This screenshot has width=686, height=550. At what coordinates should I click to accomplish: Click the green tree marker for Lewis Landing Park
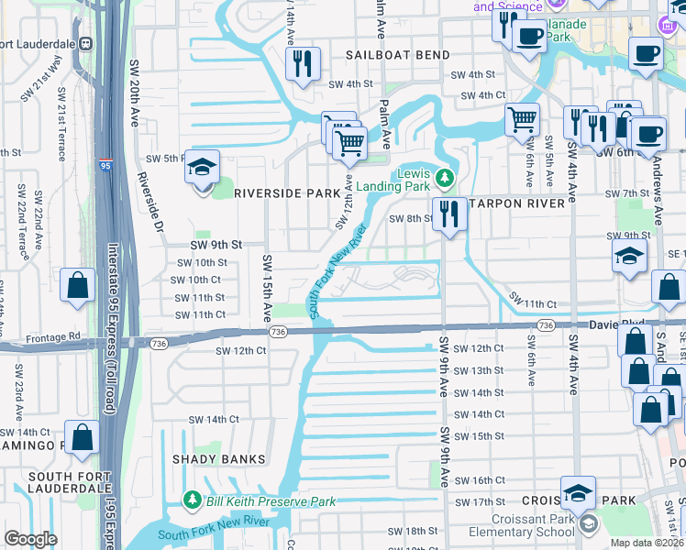coord(445,176)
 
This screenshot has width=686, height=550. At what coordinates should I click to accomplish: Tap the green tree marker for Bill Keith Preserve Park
coord(193,500)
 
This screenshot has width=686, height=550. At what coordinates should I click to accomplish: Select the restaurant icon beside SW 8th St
coord(447,214)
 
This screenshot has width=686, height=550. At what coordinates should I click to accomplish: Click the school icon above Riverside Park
coord(202,168)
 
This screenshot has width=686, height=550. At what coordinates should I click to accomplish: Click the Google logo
coord(30,539)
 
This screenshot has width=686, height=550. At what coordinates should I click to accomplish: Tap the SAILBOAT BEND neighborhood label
coord(398,55)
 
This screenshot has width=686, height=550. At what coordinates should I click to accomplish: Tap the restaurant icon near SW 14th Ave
coord(300,62)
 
